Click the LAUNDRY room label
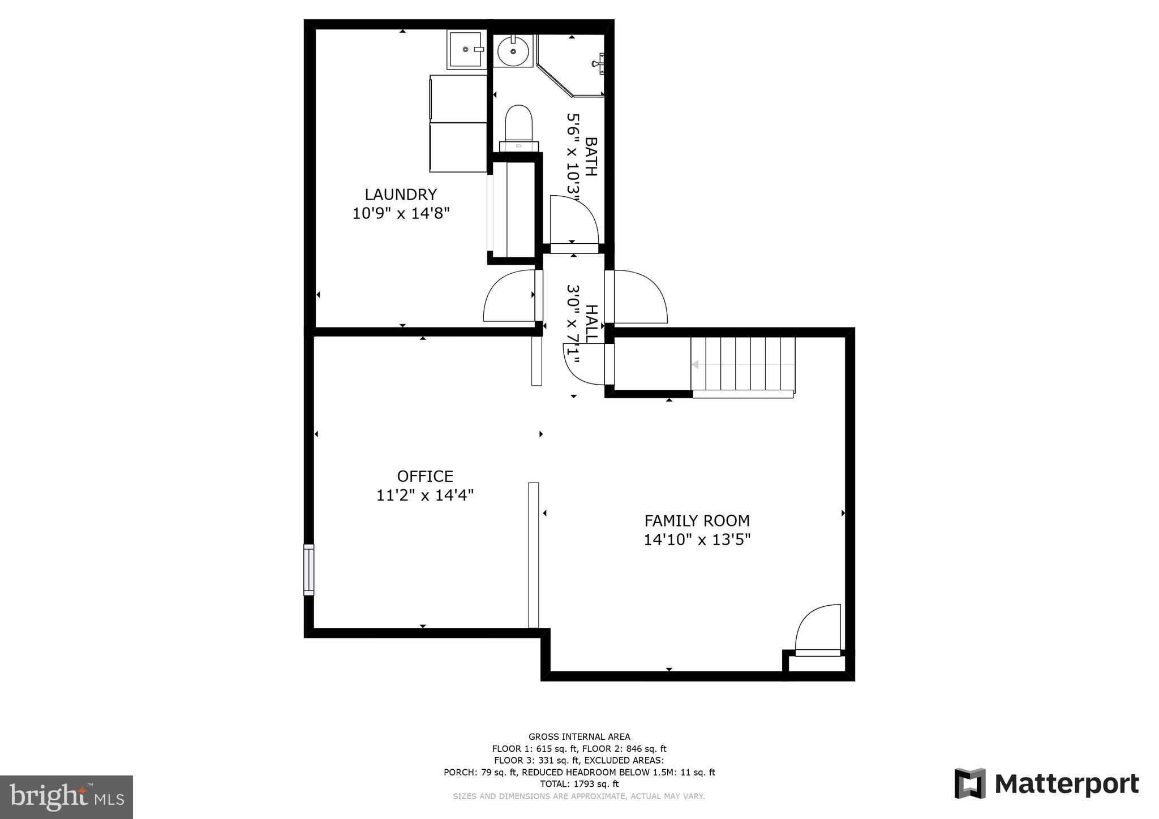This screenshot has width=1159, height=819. (401, 195)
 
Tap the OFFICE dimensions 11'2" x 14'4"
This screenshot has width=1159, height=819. (425, 495)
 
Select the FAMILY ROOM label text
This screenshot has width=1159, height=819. (697, 520)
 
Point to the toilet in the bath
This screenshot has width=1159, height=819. (519, 127)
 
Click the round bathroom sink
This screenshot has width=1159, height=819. (513, 51)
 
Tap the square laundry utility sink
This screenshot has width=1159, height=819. (467, 50)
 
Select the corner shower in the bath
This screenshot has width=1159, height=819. (571, 65)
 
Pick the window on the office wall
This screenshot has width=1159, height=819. (309, 570)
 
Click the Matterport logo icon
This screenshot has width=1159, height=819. (970, 783)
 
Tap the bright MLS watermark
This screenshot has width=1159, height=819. (67, 797)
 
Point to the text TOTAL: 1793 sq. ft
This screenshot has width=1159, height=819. (579, 784)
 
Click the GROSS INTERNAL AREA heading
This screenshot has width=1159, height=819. (579, 736)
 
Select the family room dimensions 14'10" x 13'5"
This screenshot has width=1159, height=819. (697, 540)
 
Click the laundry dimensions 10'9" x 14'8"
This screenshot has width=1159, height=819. (401, 214)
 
